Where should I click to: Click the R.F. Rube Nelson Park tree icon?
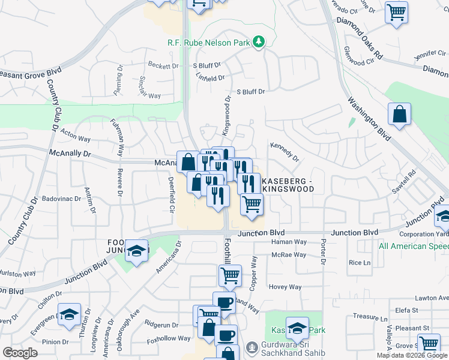(x=259, y=41)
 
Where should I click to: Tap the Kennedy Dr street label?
(x=285, y=151)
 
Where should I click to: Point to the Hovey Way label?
(x=285, y=287)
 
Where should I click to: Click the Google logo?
(x=20, y=353)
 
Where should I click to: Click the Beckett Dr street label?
(x=163, y=65)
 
